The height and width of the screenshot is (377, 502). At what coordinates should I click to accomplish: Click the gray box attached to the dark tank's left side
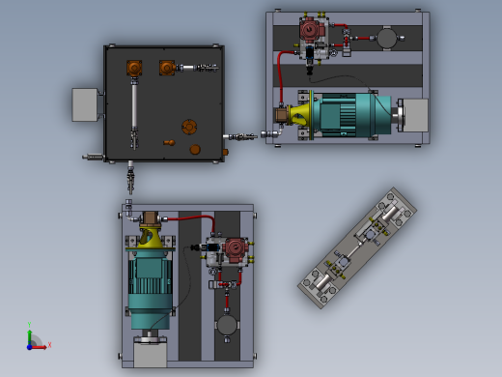pyautogui.click(x=87, y=104)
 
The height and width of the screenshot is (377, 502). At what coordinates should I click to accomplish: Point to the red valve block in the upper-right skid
pyautogui.click(x=310, y=32)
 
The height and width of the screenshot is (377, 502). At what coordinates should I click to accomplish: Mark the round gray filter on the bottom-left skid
pyautogui.click(x=228, y=326)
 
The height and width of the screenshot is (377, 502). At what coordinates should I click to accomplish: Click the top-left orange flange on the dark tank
pyautogui.click(x=134, y=68)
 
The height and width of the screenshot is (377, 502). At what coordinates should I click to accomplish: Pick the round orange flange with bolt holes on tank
pyautogui.click(x=190, y=128)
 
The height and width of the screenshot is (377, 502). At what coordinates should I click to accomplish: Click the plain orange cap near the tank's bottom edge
pyautogui.click(x=195, y=150)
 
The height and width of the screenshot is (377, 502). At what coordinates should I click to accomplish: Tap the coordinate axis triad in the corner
pyautogui.click(x=34, y=339)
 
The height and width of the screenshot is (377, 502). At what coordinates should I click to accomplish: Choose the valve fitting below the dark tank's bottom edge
pyautogui.click(x=130, y=178)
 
